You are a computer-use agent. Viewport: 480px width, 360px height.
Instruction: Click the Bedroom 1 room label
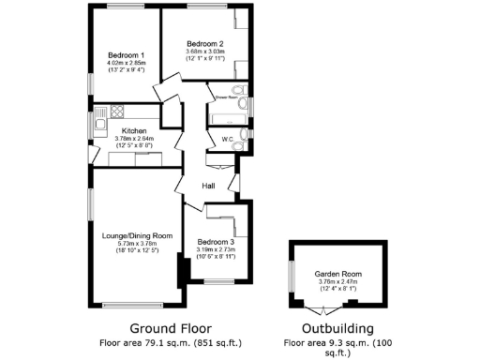click(124, 54)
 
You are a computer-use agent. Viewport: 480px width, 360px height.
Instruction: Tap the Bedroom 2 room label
click(204, 44)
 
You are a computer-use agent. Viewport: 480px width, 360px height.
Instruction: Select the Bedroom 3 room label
click(216, 242)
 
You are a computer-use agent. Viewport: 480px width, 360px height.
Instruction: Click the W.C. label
click(227, 141)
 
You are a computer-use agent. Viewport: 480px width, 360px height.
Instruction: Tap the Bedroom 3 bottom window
click(220, 281)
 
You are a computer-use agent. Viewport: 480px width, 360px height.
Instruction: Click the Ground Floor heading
click(161, 328)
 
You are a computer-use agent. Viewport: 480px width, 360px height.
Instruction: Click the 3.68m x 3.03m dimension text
click(204, 52)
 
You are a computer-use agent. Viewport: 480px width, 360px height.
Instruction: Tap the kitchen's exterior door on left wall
click(91, 151)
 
